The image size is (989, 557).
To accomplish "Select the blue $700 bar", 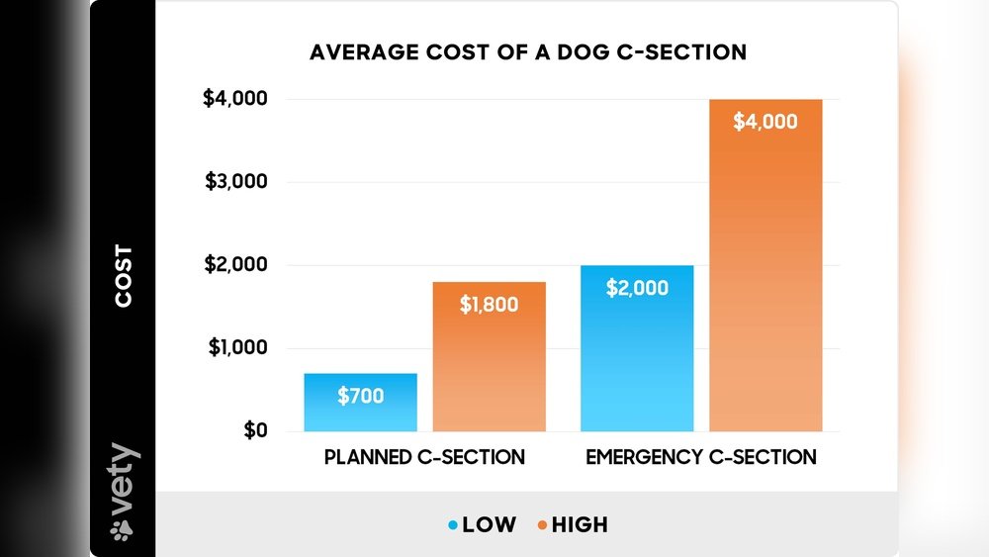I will tap(359, 402).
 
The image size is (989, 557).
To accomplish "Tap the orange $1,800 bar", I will tap(489, 356).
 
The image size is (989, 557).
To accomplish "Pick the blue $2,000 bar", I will tap(637, 348).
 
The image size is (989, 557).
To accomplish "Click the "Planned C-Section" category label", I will tap(424, 458).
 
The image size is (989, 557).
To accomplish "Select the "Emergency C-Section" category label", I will tap(701, 458).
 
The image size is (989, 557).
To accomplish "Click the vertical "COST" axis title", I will tap(125, 276).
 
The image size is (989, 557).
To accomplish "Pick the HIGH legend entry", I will tap(579, 525).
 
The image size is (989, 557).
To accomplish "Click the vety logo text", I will tap(125, 480).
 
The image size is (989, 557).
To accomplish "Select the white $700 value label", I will tap(360, 397).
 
